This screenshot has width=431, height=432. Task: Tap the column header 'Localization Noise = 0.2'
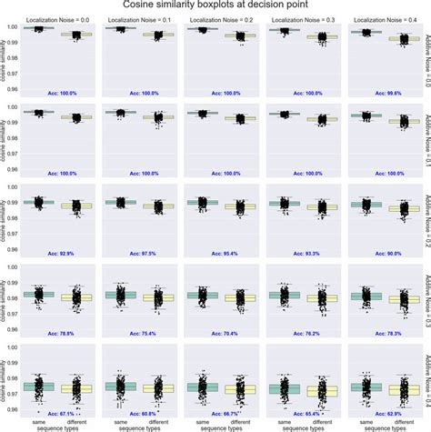point(215,20)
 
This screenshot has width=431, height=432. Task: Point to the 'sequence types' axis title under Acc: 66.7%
point(215,426)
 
